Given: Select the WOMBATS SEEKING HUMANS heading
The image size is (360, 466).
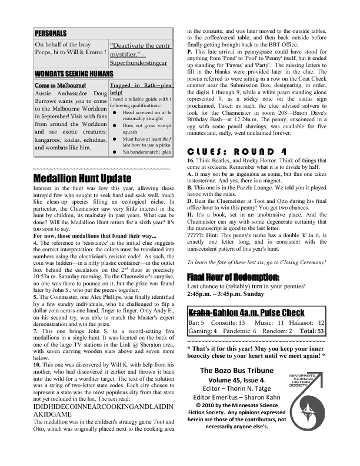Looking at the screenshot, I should (x=69, y=74).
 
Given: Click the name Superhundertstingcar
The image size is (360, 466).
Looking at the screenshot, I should (x=138, y=61).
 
